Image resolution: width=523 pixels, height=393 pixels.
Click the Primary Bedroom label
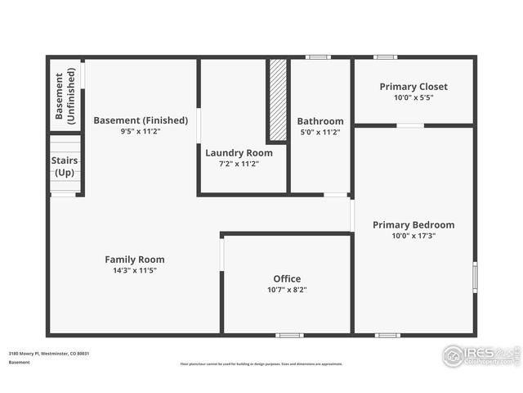[x=413, y=225]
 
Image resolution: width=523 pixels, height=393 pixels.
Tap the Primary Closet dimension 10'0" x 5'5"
[x=413, y=97]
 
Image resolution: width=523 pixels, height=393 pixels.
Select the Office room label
[x=287, y=279]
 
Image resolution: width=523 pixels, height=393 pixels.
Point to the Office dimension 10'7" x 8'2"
[x=287, y=290]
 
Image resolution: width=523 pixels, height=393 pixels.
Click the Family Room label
[x=135, y=260]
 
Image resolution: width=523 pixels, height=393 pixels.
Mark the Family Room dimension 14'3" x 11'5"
[x=135, y=270]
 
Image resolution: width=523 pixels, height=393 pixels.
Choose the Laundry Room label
[x=239, y=152]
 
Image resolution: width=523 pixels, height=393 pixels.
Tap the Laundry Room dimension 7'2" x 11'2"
[x=239, y=164]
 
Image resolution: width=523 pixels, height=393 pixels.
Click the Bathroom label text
[x=320, y=121]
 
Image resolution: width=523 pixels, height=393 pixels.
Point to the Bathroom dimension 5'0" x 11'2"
[x=320, y=132]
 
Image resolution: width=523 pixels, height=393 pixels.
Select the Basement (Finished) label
[x=141, y=120]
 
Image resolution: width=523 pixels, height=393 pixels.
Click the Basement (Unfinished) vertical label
[x=65, y=97]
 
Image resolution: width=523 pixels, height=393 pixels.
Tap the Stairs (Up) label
[x=65, y=166]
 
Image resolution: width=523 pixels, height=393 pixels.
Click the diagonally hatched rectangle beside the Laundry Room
[x=278, y=99]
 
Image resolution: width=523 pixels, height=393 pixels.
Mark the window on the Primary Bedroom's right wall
[x=475, y=277]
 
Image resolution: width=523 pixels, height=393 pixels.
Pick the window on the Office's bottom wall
[x=289, y=335]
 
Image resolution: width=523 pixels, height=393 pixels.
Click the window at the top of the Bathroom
[x=318, y=57]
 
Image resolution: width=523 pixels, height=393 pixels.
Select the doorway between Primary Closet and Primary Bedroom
[x=410, y=125]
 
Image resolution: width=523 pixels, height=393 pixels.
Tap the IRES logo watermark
[x=479, y=355]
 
